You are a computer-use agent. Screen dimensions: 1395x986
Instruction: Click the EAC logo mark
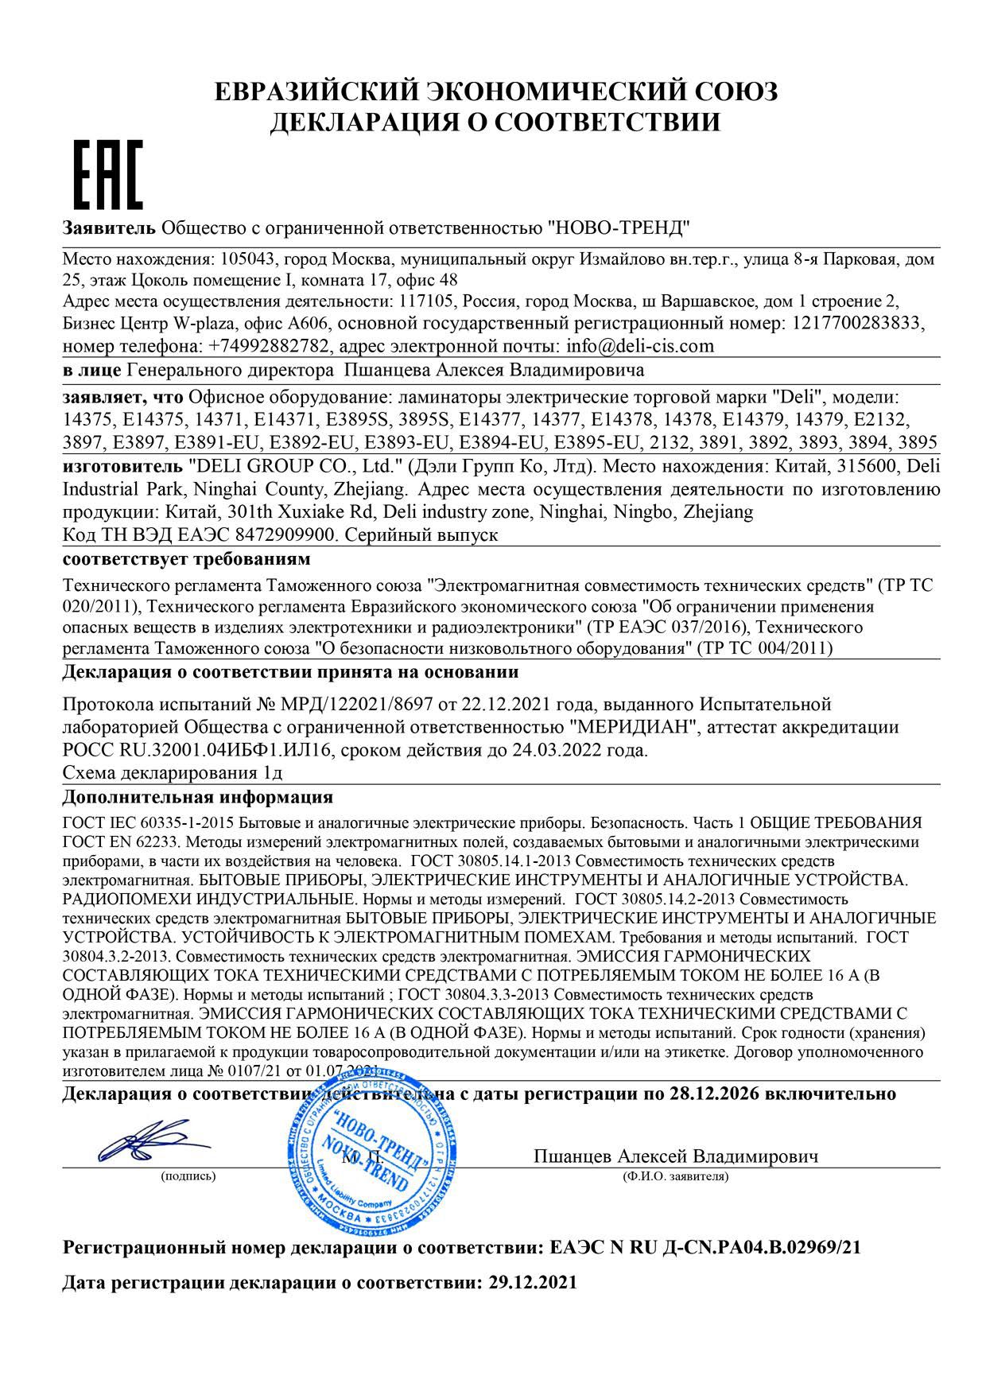108,174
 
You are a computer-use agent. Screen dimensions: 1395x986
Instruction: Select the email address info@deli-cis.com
639,346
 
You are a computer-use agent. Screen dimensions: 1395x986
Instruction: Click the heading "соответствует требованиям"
186,559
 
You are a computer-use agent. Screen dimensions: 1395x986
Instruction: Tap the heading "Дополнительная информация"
198,796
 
